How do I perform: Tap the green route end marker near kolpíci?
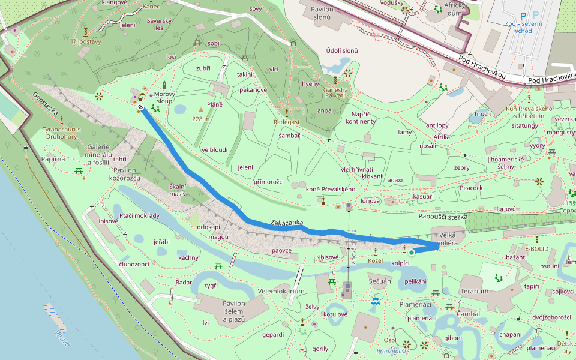point(412,253)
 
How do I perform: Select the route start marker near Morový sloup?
point(140,107)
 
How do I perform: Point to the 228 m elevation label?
point(201,119)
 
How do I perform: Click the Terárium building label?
point(474,292)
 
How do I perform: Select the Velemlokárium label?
point(281,292)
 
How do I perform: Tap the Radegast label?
point(287,122)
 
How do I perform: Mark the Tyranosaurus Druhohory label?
point(62,133)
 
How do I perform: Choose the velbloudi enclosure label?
point(214,149)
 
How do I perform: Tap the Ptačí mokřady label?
point(139,216)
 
